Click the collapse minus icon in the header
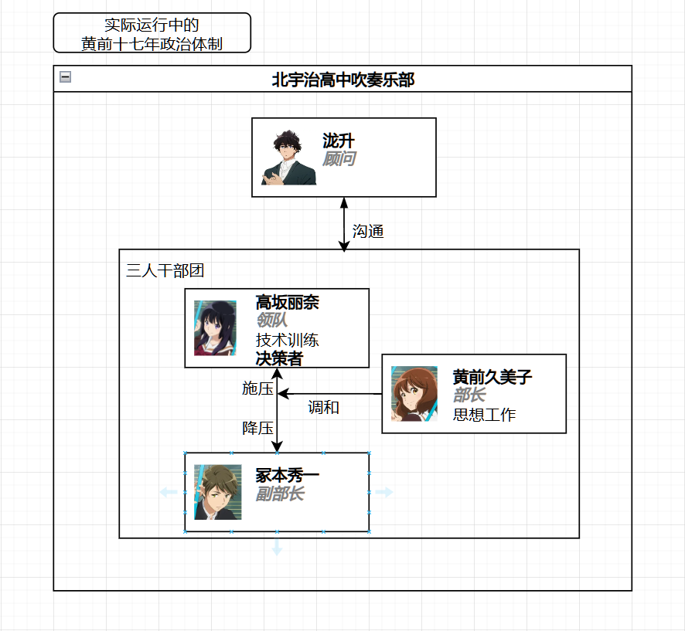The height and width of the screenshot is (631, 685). click(x=66, y=76)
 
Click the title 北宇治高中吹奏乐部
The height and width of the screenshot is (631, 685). click(x=342, y=79)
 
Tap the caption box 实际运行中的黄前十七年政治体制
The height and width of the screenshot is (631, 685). click(x=152, y=33)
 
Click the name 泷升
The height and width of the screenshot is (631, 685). click(x=339, y=141)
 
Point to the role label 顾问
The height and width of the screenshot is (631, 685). click(x=339, y=159)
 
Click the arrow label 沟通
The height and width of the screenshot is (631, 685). click(x=368, y=231)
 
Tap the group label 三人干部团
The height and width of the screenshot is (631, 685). click(x=165, y=270)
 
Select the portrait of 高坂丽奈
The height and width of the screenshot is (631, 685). click(x=215, y=328)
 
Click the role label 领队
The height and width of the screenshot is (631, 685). click(x=271, y=321)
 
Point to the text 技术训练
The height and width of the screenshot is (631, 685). click(x=287, y=340)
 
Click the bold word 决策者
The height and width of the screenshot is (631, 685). click(x=279, y=358)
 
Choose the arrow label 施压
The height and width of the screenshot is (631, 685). click(x=257, y=388)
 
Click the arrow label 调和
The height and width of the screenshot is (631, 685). click(x=323, y=407)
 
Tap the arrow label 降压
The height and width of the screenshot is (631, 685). click(x=257, y=428)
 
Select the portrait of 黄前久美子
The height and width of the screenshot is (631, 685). click(x=414, y=394)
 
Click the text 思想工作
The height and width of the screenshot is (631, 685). click(x=484, y=415)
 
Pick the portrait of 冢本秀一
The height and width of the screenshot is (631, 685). click(x=218, y=492)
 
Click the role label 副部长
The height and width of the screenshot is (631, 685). click(x=280, y=494)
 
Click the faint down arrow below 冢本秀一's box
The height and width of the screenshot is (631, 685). click(x=277, y=548)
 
